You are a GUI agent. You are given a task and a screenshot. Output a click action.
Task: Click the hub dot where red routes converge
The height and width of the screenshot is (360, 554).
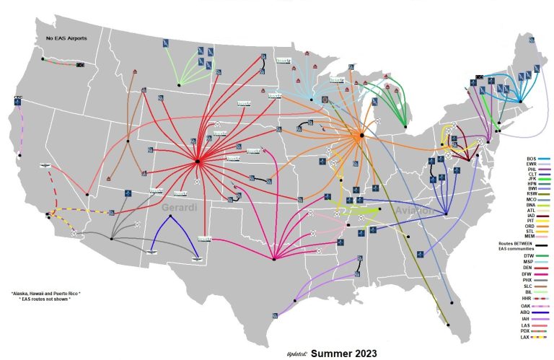pyautogui.click(x=197, y=162)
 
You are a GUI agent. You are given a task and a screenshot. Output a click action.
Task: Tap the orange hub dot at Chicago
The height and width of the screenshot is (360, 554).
pyautogui.click(x=361, y=135)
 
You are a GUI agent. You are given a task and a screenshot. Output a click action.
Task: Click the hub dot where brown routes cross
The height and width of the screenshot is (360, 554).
pyautogui.click(x=128, y=136)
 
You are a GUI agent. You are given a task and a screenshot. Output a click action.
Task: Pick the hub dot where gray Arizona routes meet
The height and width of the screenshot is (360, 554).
pyautogui.click(x=111, y=239)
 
